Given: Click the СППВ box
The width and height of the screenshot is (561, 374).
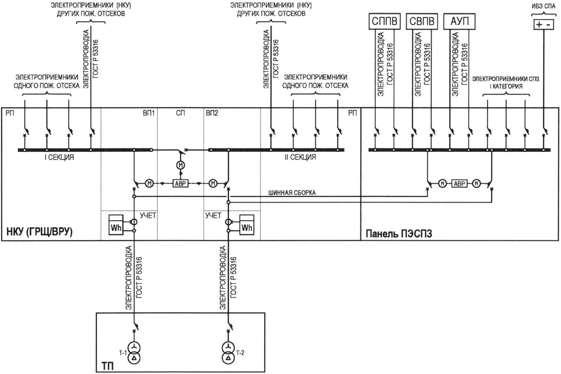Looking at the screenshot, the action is coord(385,21).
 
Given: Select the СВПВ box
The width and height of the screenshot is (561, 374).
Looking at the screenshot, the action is coord(422,21).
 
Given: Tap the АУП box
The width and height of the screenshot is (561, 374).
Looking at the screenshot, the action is coord(459,21).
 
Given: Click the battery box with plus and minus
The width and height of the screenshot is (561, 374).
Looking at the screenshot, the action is coord(543,24).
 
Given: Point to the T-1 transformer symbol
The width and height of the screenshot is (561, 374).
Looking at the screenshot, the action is coord(134,353).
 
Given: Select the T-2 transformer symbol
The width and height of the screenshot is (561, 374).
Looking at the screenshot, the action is coord(228,353).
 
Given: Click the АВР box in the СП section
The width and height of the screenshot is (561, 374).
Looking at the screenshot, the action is coord(181,184).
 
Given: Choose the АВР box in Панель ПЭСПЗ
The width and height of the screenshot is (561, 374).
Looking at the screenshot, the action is coord(459,184).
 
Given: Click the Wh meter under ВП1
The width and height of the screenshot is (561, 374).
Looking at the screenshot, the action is coord(116,225).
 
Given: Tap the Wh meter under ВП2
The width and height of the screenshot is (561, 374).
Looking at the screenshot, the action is coord(247,225).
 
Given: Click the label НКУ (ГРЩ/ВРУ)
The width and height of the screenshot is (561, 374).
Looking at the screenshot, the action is coord(40,232).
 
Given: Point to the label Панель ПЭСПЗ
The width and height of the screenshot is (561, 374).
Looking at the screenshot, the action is coord(399,234).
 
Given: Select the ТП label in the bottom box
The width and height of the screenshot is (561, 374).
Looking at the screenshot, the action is coord(107,366).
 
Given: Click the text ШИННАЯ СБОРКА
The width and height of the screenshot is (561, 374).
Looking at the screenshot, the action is coord(292,193).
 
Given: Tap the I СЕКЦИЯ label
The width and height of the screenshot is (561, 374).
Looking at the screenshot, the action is coord(59,157).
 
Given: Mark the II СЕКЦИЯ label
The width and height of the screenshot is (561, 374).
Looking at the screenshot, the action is coord(300,157).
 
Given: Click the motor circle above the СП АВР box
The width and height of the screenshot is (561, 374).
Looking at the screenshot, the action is coord(181,165).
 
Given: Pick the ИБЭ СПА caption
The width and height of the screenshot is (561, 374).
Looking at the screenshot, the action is coord(544,6).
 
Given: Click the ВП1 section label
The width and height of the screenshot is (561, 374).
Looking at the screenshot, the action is coord(149,113).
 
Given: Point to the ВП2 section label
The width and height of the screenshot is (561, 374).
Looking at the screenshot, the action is coord(212,113).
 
